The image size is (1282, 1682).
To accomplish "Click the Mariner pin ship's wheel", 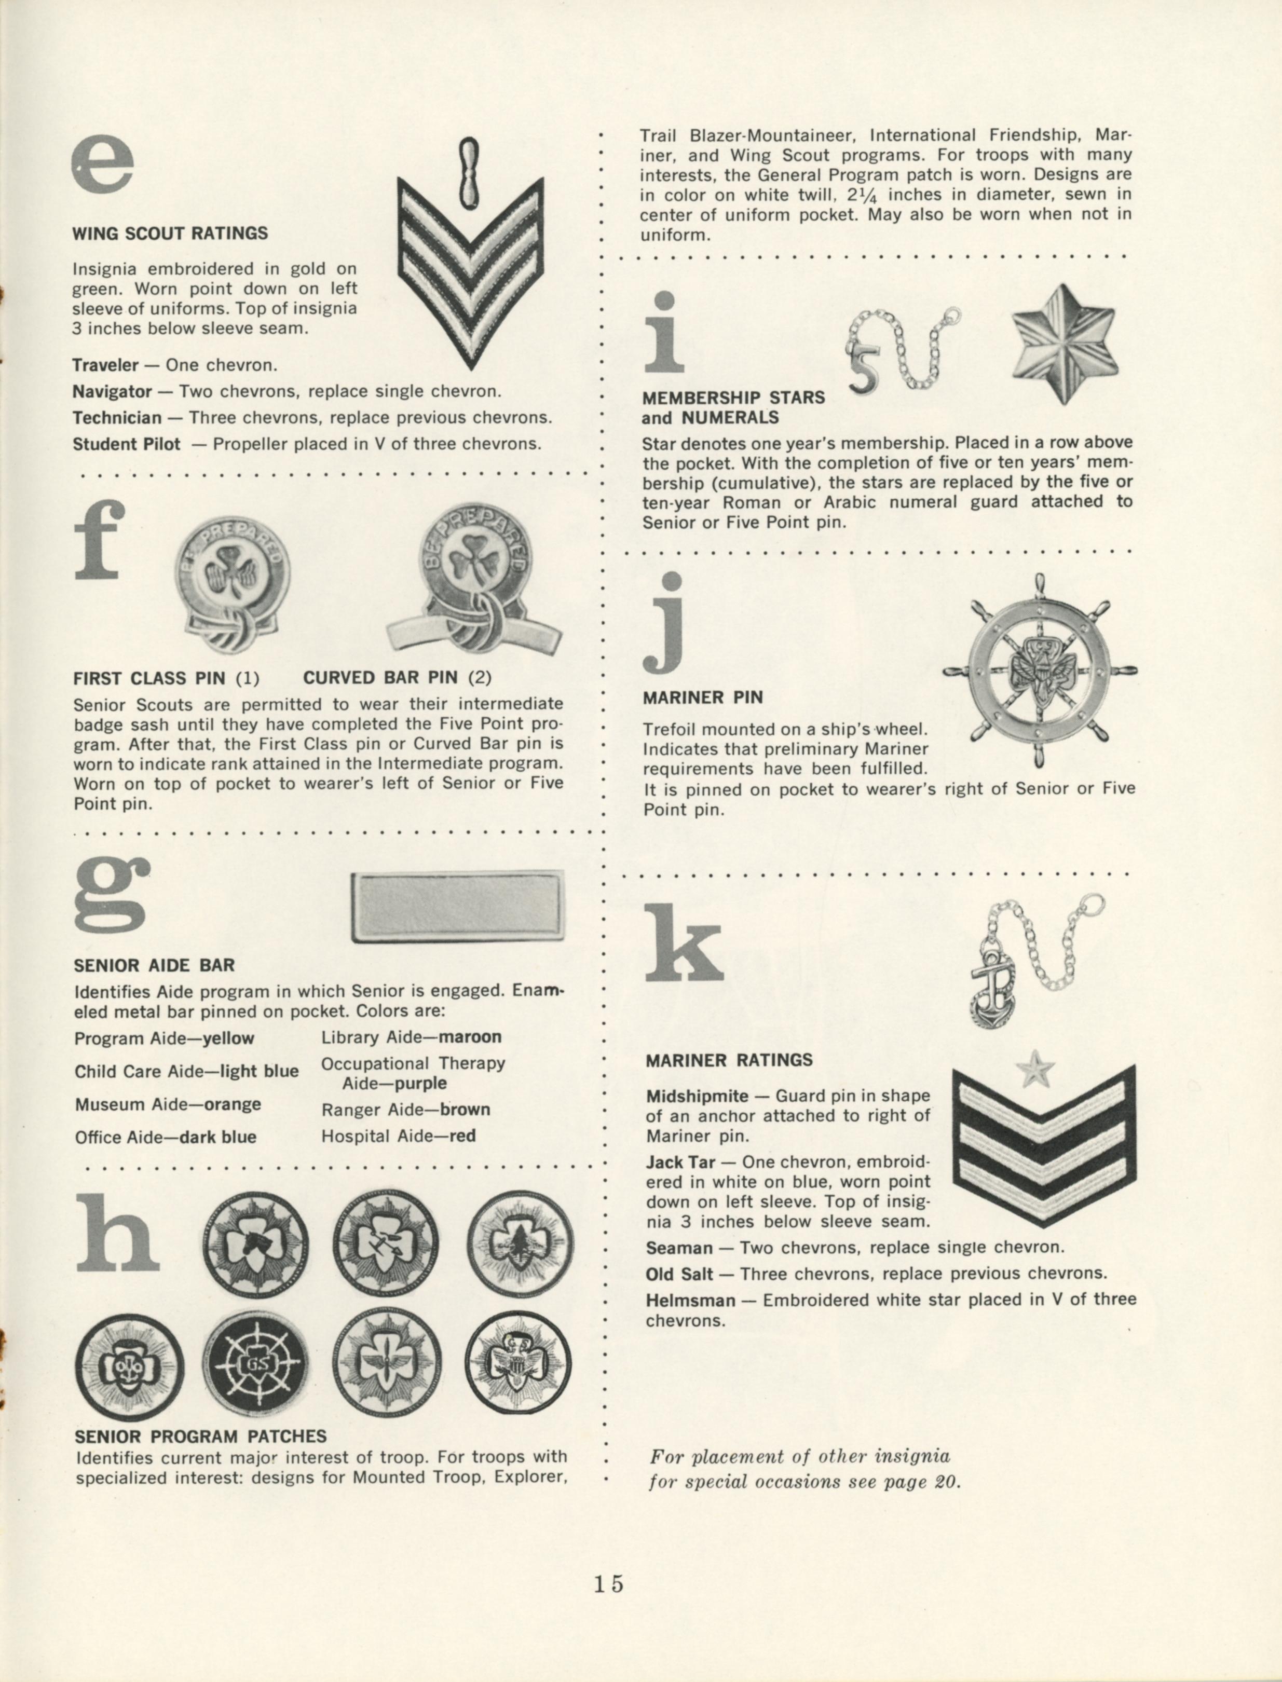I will point(1039,671).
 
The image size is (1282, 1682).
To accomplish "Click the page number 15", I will point(609,1583).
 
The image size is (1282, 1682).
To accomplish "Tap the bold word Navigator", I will point(112,392).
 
